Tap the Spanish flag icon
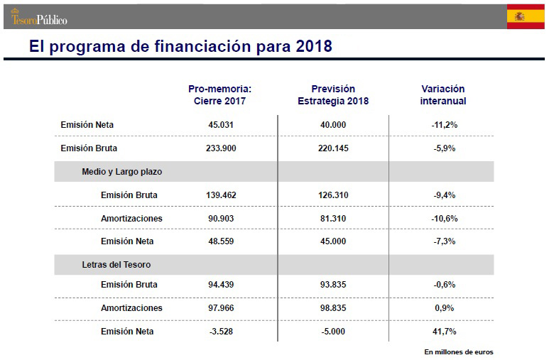526,16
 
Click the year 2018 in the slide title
312,47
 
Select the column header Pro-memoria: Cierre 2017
220,95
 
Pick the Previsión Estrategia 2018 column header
333,95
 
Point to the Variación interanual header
443,95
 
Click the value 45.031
220,125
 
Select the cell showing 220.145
333,148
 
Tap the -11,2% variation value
444,125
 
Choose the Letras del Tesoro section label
116,265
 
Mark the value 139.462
220,195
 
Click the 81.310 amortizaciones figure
333,219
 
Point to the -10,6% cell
444,219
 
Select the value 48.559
220,241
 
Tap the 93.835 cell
333,285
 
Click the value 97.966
220,308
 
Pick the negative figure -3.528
220,332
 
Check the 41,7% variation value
444,332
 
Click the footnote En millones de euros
458,351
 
